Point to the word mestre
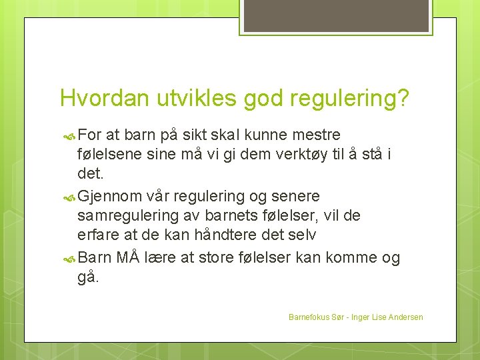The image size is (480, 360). click(315, 136)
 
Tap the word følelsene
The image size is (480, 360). click(111, 155)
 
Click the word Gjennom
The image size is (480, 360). click(110, 197)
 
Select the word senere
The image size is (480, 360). click(297, 197)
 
